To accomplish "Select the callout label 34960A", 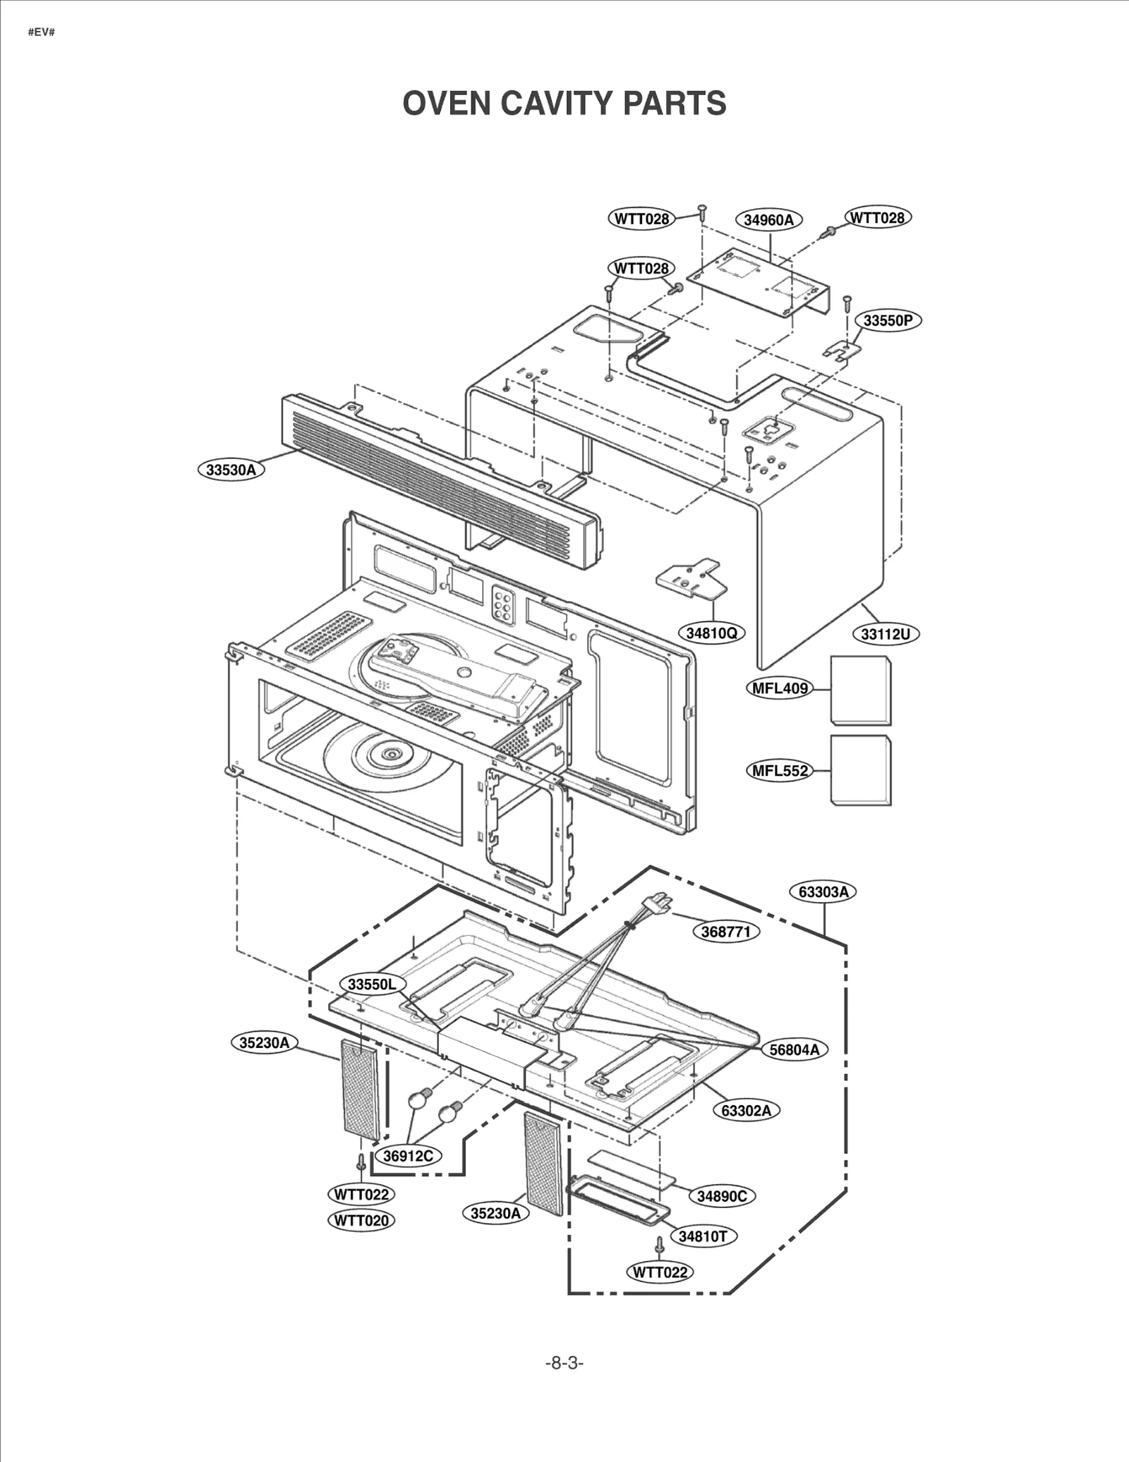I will pos(768,219).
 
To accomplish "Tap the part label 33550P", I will pos(888,320).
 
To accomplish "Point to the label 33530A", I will pos(231,470).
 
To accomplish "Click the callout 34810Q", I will pos(711,633).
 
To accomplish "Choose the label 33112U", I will pos(885,634).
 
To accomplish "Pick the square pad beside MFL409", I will pos(860,690).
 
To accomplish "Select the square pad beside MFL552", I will pos(860,770).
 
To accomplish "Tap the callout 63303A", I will pos(823,891).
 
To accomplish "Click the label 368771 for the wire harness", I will pos(725,932).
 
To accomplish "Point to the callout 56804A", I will pos(795,1049).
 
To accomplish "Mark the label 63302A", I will pos(746,1110).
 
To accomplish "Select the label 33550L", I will pos(372,984).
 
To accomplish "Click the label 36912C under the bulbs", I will pos(408,1155).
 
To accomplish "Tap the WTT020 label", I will pos(361,1220).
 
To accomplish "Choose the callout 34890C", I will pos(721,1195).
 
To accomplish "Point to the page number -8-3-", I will pos(564,1363).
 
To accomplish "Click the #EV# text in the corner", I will pos(41,32).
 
